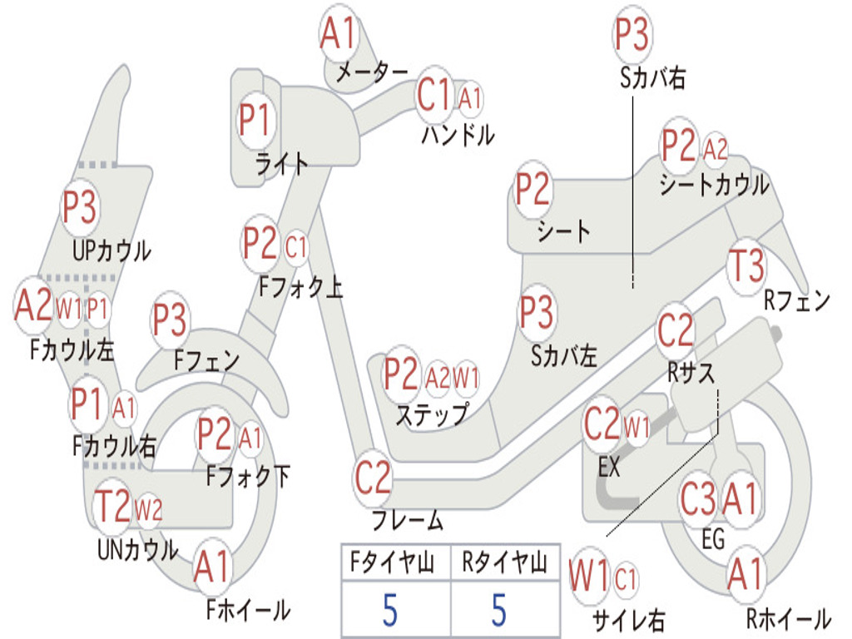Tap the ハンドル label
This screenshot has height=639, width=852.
(457, 134)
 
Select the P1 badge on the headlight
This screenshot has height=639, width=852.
(255, 121)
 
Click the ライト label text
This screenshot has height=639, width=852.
(282, 164)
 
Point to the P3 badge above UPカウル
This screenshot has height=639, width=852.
(80, 207)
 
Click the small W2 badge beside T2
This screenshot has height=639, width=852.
(148, 509)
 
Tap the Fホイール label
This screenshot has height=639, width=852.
(247, 610)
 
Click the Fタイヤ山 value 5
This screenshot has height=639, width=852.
(391, 610)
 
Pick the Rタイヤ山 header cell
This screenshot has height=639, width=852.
(504, 563)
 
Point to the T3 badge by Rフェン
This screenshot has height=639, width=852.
(745, 266)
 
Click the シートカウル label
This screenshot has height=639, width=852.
(714, 185)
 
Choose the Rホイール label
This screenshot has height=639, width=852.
(788, 618)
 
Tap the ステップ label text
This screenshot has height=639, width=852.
(431, 414)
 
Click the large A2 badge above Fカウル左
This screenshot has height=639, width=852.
(33, 305)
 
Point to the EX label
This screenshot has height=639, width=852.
(610, 467)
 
